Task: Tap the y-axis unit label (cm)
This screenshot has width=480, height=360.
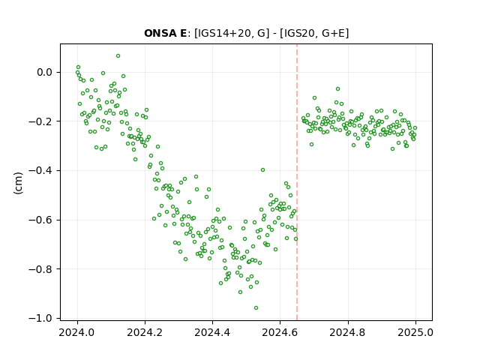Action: [x=18, y=183]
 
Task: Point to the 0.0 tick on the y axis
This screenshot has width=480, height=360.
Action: [x=45, y=73]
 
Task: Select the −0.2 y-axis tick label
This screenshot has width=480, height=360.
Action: [x=40, y=121]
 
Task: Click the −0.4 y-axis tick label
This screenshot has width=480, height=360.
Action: [x=40, y=171]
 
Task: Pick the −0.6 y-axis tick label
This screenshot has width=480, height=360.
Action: [x=40, y=220]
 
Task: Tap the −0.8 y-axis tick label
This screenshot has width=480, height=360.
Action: [x=40, y=269]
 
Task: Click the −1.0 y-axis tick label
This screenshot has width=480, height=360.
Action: [x=40, y=318]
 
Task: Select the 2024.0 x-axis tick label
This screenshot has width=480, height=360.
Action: [x=77, y=332]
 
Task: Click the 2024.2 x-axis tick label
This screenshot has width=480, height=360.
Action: [x=145, y=332]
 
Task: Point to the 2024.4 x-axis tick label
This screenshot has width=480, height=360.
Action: [x=212, y=332]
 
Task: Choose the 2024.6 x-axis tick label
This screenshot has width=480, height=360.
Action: [x=280, y=332]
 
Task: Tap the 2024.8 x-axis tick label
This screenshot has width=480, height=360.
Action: [x=348, y=332]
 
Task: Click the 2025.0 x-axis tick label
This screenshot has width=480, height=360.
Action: [x=415, y=332]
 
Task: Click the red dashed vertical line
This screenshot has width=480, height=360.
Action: [x=297, y=182]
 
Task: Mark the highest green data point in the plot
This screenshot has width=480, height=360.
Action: [x=118, y=56]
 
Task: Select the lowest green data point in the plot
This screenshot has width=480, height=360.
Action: [x=256, y=307]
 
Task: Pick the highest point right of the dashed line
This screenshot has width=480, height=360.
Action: [x=337, y=88]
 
